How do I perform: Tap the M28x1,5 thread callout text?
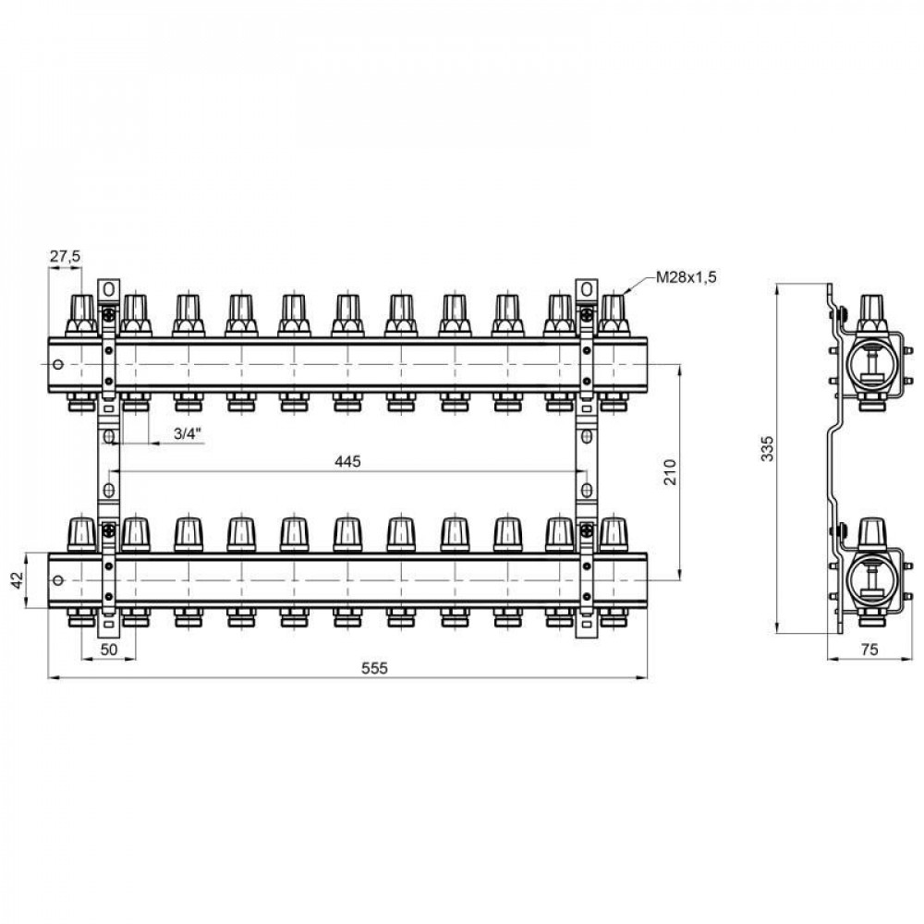[x=687, y=277]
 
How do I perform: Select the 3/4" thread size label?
[x=188, y=433]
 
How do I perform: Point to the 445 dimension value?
[x=347, y=461]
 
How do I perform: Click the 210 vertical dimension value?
[x=671, y=471]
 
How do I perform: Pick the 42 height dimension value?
[x=18, y=580]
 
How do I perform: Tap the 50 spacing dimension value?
[x=109, y=650]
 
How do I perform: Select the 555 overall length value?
[x=375, y=668]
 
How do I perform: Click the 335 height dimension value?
[x=767, y=448]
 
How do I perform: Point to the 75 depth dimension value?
[x=869, y=650]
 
